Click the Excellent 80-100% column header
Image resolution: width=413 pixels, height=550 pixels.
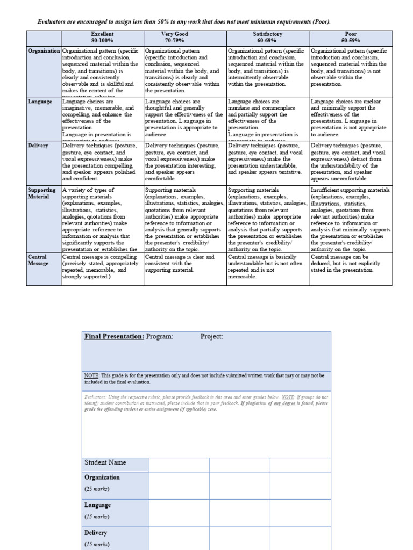click(x=102, y=37)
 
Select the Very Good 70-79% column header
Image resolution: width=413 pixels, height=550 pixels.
click(x=185, y=37)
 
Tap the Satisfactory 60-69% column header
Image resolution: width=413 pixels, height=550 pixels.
click(x=268, y=37)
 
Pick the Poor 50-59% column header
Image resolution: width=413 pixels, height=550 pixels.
click(x=350, y=37)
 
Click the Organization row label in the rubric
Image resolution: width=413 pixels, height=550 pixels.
click(x=44, y=51)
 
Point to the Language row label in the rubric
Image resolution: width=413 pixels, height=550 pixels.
click(x=40, y=102)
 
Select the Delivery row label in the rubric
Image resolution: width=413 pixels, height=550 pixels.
click(x=38, y=146)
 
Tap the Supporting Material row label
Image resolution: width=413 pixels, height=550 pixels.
click(x=42, y=193)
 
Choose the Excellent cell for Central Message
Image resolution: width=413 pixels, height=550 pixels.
click(x=102, y=267)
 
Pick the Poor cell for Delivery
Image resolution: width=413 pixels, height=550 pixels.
click(x=350, y=162)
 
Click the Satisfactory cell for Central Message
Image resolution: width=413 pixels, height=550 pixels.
click(x=268, y=267)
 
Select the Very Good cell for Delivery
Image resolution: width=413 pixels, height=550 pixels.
click(x=185, y=162)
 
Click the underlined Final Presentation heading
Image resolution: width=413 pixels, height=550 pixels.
click(x=114, y=337)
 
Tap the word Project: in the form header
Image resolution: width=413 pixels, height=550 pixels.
click(x=212, y=337)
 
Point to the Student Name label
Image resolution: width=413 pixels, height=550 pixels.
click(x=105, y=462)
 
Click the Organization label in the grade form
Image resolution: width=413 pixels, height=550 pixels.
click(x=102, y=477)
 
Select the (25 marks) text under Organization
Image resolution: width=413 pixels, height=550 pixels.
click(x=97, y=489)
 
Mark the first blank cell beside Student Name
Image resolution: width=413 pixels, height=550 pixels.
click(x=179, y=464)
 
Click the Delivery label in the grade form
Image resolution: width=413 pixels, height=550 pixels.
click(x=96, y=533)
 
